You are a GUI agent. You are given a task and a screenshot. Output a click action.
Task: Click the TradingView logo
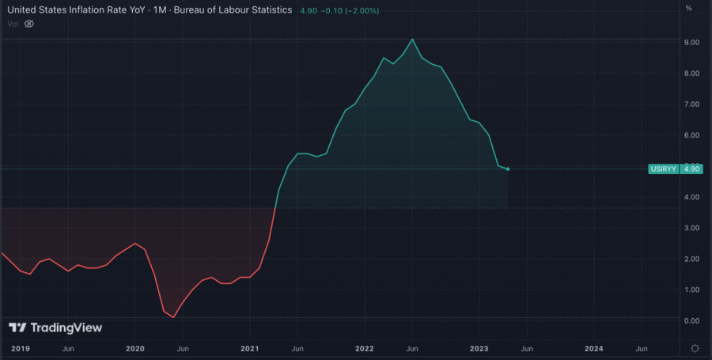(55, 328)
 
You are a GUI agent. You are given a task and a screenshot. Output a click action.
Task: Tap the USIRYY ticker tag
(662, 169)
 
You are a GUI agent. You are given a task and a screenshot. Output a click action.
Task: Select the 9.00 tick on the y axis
(691, 42)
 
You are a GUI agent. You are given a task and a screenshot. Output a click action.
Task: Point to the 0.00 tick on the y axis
(691, 320)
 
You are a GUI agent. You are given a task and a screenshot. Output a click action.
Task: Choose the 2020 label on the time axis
(135, 348)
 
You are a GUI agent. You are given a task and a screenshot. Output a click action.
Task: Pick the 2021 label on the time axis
(250, 348)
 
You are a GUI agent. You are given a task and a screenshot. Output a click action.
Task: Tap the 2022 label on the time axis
(365, 348)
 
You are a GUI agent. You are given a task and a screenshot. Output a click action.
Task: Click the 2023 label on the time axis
(479, 348)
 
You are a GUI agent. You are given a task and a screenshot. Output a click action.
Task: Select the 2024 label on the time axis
(594, 348)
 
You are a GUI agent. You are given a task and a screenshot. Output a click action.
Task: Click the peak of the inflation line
(412, 40)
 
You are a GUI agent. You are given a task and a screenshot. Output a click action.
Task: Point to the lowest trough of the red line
(173, 317)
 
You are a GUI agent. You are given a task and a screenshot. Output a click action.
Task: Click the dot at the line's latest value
(507, 169)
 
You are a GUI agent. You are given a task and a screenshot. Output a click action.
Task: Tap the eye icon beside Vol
(29, 24)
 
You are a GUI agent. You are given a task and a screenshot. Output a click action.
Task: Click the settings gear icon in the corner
(694, 348)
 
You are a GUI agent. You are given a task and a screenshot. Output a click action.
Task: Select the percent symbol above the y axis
(688, 9)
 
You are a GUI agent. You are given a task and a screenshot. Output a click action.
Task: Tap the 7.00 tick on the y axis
(691, 104)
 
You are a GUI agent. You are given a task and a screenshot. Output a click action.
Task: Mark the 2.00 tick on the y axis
(691, 259)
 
